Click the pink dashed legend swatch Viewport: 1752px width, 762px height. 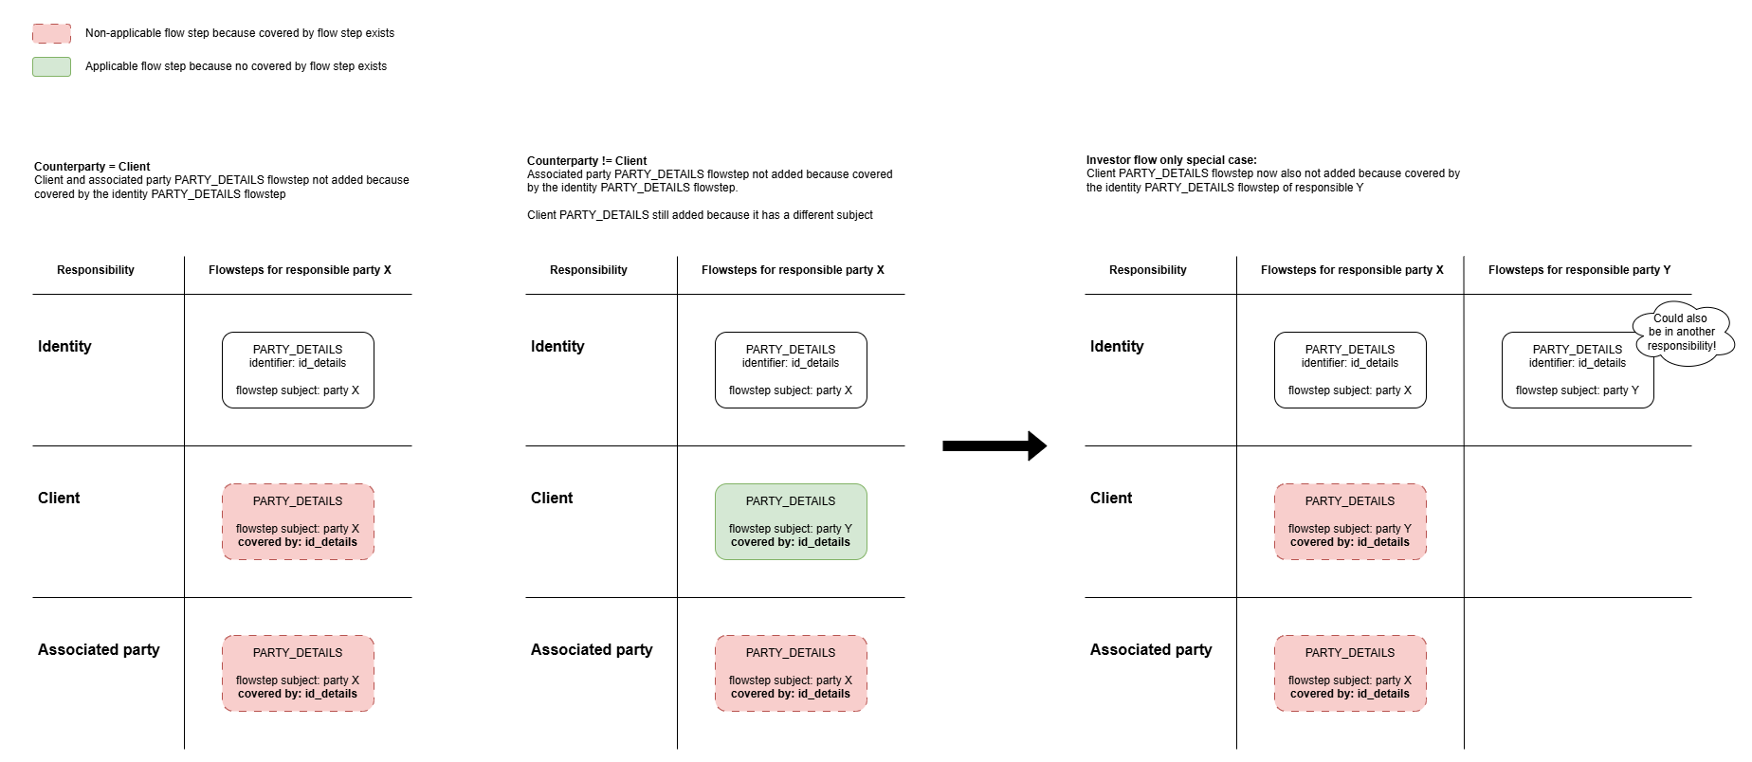(x=51, y=33)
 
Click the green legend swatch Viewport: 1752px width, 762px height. (x=51, y=66)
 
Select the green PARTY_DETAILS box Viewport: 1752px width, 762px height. (x=791, y=522)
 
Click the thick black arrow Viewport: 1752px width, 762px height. (x=995, y=445)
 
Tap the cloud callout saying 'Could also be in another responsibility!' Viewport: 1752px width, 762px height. (x=1683, y=333)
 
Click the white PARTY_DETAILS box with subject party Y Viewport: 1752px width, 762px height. (x=1578, y=371)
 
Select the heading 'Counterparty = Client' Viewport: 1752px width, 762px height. (x=92, y=167)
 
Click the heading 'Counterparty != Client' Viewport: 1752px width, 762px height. (x=587, y=161)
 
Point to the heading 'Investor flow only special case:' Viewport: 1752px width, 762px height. (x=1172, y=160)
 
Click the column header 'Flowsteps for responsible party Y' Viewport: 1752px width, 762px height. (x=1579, y=270)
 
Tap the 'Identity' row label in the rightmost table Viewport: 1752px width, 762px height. (x=1117, y=347)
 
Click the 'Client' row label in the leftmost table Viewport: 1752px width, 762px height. (x=59, y=499)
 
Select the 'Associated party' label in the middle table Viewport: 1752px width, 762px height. (x=592, y=650)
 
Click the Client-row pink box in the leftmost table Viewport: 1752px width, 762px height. (x=298, y=522)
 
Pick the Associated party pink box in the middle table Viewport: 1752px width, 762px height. (x=791, y=674)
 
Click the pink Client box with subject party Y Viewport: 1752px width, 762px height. (x=1350, y=522)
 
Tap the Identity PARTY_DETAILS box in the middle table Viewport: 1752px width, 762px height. (x=791, y=371)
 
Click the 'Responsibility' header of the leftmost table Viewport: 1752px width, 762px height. (x=96, y=270)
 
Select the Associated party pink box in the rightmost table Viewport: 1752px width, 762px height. (x=1350, y=674)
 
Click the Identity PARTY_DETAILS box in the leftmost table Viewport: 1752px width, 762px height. (x=298, y=371)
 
